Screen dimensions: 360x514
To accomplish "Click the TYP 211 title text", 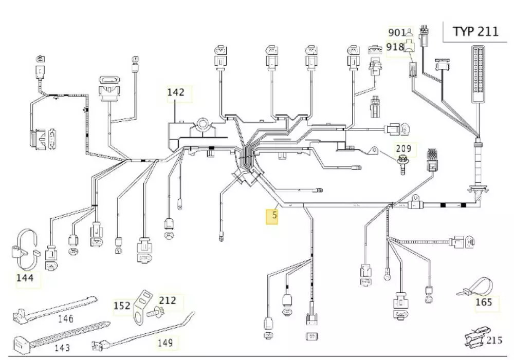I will (475, 31).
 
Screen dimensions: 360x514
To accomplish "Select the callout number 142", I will (175, 92).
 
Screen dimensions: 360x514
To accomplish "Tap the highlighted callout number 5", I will (274, 215).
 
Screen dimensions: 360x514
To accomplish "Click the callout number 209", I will (403, 149).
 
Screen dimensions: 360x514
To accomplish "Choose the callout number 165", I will (484, 302).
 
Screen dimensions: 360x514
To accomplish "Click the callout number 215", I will (494, 340).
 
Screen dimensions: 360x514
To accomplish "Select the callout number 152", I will (122, 306).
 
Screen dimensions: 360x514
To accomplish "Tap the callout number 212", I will (167, 300).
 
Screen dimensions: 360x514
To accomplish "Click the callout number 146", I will (65, 318).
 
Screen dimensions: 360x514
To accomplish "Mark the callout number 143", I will (62, 348).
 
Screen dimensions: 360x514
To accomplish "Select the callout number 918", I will (395, 47).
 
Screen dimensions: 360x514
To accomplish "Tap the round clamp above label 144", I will (24, 248).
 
